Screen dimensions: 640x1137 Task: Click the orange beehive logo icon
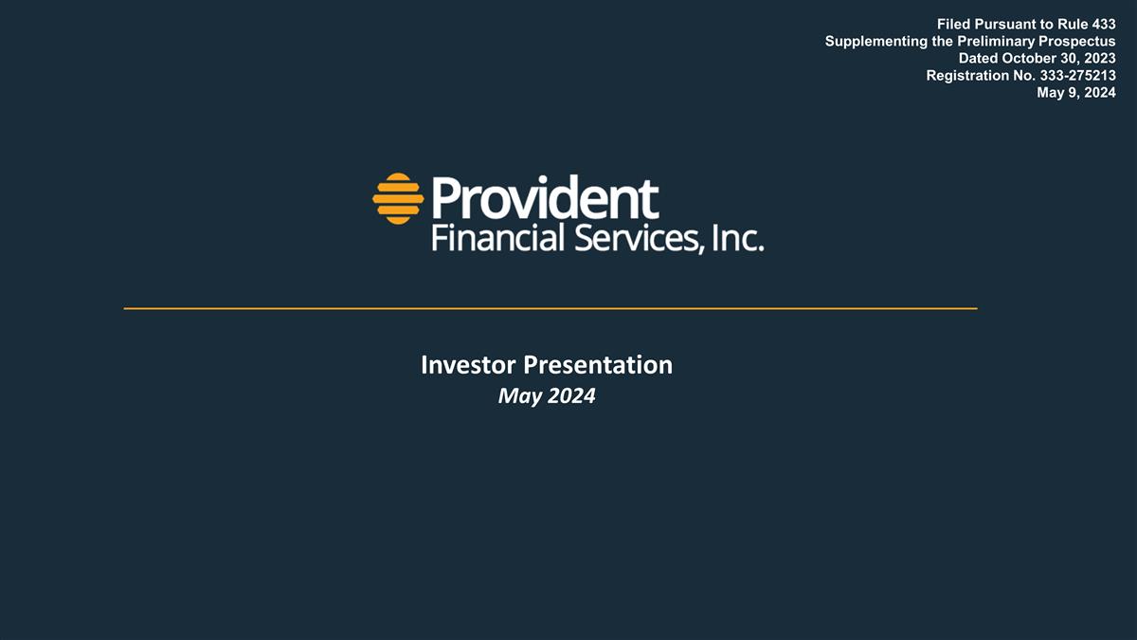pyautogui.click(x=397, y=198)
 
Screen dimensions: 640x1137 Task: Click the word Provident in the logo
pyautogui.click(x=545, y=197)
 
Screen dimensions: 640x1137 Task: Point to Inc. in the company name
pyautogui.click(x=736, y=237)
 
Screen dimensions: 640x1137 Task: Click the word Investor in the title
pyautogui.click(x=468, y=365)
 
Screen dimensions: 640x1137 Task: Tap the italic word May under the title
pyautogui.click(x=517, y=397)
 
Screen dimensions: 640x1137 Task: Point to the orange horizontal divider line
pyautogui.click(x=550, y=308)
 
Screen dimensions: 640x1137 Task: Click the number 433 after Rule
pyautogui.click(x=1102, y=24)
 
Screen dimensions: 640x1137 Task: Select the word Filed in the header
pyautogui.click(x=954, y=24)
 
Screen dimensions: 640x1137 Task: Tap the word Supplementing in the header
pyautogui.click(x=875, y=41)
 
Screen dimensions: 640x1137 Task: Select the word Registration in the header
pyautogui.click(x=964, y=75)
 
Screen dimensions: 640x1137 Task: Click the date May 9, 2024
pyautogui.click(x=1076, y=92)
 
